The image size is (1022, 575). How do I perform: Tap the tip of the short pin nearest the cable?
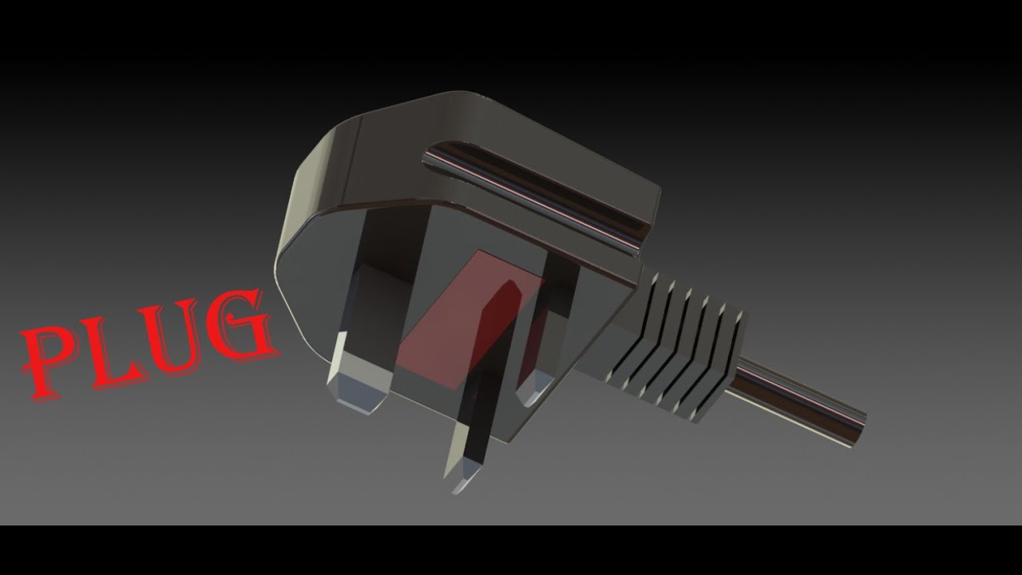[531, 393]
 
